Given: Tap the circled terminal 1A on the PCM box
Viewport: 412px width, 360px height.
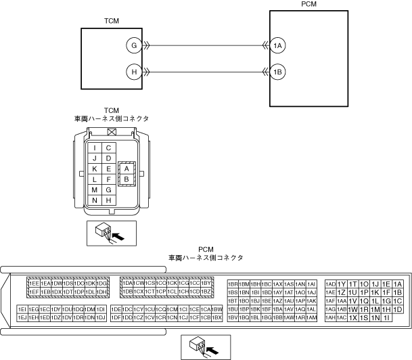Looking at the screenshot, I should [x=277, y=45].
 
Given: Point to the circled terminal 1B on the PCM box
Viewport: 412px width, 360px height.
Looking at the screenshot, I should [x=277, y=71].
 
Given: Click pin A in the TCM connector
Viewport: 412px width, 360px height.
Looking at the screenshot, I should [x=126, y=168].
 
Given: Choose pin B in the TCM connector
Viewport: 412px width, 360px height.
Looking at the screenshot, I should [x=126, y=179].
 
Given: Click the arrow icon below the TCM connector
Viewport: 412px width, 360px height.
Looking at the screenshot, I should [x=112, y=233].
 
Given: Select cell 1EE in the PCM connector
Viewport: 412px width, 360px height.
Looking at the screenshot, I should [x=33, y=283].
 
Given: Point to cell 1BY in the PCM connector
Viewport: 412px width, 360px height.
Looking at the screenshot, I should [x=207, y=283].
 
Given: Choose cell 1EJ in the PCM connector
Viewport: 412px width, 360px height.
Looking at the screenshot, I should [x=22, y=317].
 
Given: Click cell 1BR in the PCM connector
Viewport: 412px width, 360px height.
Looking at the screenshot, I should [x=233, y=284].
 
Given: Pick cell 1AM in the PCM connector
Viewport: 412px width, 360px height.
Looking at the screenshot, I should [x=311, y=317].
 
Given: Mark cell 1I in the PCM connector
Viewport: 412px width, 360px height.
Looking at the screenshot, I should [x=386, y=317].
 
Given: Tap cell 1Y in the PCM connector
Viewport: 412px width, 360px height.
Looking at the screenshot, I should [x=342, y=284].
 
